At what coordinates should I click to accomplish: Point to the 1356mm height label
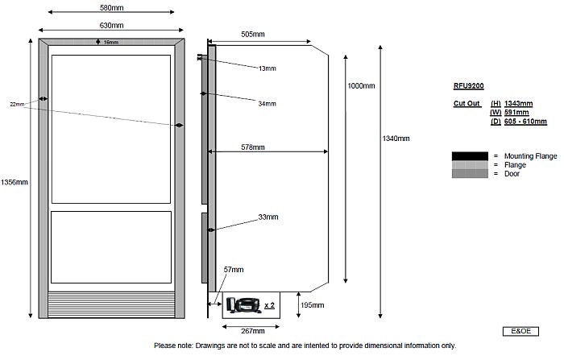15,182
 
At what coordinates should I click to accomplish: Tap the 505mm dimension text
254,35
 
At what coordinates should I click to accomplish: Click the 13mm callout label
267,69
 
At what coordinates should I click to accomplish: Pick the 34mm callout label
267,104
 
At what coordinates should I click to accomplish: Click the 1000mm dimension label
361,85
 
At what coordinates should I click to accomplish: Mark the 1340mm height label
396,139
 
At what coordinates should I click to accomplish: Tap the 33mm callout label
267,217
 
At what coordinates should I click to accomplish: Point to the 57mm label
234,269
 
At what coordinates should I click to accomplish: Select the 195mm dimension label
312,306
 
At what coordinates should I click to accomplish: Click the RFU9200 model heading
469,85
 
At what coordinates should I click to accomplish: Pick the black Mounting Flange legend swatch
470,155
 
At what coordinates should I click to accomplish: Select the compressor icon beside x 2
243,304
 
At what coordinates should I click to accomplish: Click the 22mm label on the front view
17,105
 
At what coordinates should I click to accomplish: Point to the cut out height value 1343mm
519,104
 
